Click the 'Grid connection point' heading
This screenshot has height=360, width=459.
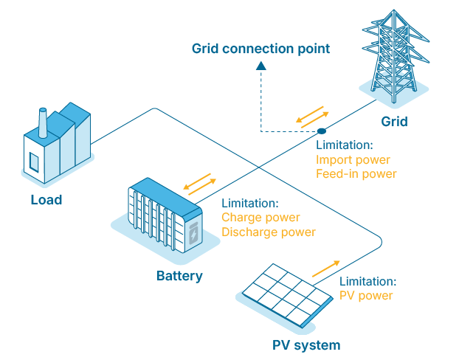coord(260,49)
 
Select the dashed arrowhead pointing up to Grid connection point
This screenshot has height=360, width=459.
coord(260,67)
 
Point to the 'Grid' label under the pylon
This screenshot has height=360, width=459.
coord(393,121)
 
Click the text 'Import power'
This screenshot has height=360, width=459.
coord(353,160)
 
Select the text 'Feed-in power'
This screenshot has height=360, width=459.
coord(356,174)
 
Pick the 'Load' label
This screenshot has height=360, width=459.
coord(46,200)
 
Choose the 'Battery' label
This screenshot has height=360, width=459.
coord(179,277)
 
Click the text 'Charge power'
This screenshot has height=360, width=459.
coord(260,218)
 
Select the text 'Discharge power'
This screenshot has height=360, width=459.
coord(269,232)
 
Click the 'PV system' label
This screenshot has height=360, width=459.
coord(306,345)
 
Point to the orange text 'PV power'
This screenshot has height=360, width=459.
coord(366,296)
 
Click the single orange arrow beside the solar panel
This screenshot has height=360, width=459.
coord(325,269)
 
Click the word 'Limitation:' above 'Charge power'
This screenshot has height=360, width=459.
coord(250,203)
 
